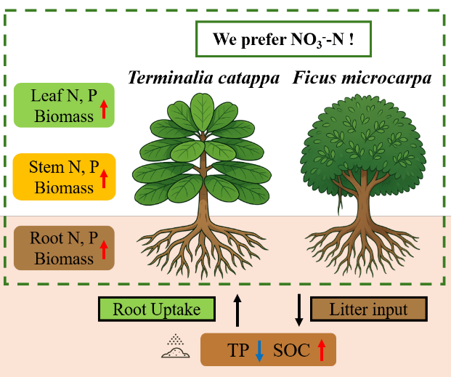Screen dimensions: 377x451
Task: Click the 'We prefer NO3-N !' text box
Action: [x=283, y=39]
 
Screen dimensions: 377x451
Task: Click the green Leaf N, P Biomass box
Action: [x=64, y=105]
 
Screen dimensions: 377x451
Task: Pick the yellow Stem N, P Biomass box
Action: [x=64, y=177]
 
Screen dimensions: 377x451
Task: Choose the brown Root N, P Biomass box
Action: [x=64, y=248]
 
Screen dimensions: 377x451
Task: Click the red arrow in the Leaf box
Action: [x=104, y=110]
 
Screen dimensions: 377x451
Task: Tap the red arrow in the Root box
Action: [x=104, y=251]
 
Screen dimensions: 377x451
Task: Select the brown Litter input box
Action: [x=369, y=309]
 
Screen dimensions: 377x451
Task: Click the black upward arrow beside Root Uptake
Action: [x=237, y=309]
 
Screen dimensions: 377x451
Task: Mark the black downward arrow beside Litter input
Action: [x=298, y=309]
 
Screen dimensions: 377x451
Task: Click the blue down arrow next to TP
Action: [x=259, y=352]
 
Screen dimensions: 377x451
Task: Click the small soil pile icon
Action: [x=176, y=348]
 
